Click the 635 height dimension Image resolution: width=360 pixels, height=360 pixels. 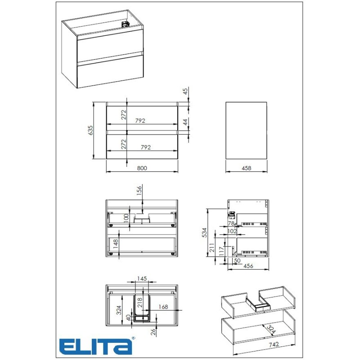[x=90, y=130]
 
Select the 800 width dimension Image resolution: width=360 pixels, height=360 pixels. [x=142, y=168]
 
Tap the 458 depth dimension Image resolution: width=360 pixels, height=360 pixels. [x=246, y=168]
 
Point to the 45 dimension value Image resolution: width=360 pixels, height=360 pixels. [x=185, y=91]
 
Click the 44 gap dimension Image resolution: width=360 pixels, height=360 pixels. [x=185, y=121]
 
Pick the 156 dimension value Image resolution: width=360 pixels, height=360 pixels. [x=139, y=190]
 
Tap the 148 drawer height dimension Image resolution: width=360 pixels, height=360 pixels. [x=116, y=244]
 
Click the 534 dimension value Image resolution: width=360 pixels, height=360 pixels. [x=204, y=232]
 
